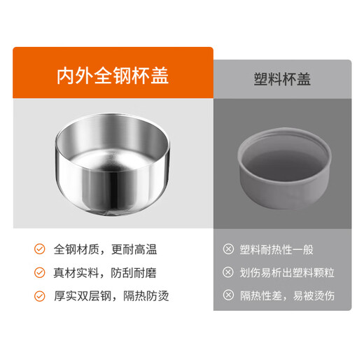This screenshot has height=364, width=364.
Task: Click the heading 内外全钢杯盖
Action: point(113,76)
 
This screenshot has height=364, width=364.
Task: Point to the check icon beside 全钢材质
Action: point(40,249)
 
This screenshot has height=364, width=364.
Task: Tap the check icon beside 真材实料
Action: point(40,272)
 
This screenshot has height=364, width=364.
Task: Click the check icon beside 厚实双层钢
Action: point(40,295)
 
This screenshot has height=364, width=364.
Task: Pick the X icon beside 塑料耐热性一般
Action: point(228,249)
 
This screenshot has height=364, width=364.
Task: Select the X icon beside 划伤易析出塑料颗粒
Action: point(228,272)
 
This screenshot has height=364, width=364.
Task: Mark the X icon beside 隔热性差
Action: point(228,295)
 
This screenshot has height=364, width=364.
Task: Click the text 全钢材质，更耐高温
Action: point(106,249)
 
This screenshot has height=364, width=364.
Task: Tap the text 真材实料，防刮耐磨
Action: point(106,272)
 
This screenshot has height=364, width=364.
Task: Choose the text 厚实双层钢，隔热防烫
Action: point(111,295)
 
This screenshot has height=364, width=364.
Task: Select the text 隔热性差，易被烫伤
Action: point(288,295)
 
